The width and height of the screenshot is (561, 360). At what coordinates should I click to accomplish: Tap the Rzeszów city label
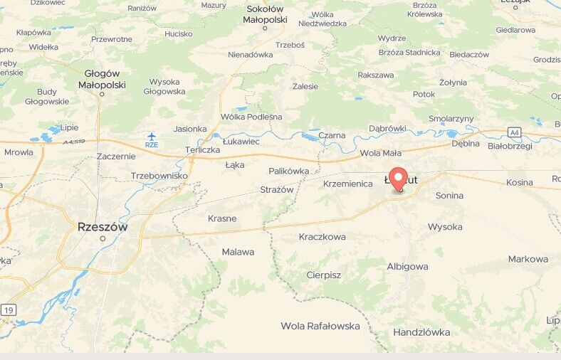[x=103, y=227]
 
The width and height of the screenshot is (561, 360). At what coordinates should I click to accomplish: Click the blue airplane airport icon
[x=152, y=135]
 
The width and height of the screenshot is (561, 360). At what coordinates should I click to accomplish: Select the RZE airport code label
[x=152, y=144]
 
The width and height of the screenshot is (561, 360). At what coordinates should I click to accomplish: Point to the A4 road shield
[x=514, y=132]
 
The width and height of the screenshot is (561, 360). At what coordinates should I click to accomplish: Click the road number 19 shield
[x=8, y=309]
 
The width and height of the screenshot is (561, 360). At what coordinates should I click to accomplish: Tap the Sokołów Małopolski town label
[x=266, y=14]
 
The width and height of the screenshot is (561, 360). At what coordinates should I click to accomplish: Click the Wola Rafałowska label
[x=320, y=326]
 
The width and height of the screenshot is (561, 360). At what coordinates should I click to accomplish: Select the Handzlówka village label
[x=421, y=332]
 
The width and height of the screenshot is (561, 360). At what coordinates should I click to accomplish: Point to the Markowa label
[x=528, y=259]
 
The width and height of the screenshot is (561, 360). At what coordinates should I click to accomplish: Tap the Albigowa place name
[x=407, y=266]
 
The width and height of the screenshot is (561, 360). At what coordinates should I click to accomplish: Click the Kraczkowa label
[x=323, y=236]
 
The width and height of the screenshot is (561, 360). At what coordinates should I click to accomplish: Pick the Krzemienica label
[x=347, y=184]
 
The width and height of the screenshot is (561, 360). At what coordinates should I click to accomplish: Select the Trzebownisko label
[x=159, y=175]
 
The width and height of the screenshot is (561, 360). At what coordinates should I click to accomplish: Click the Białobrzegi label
[x=510, y=145]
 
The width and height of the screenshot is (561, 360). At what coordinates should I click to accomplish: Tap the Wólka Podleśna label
[x=251, y=117]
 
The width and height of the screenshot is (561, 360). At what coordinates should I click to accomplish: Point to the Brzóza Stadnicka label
[x=409, y=52]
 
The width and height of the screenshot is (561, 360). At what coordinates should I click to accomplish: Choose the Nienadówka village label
[x=250, y=54]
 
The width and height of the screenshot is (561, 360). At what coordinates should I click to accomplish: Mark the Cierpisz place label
[x=323, y=275]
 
